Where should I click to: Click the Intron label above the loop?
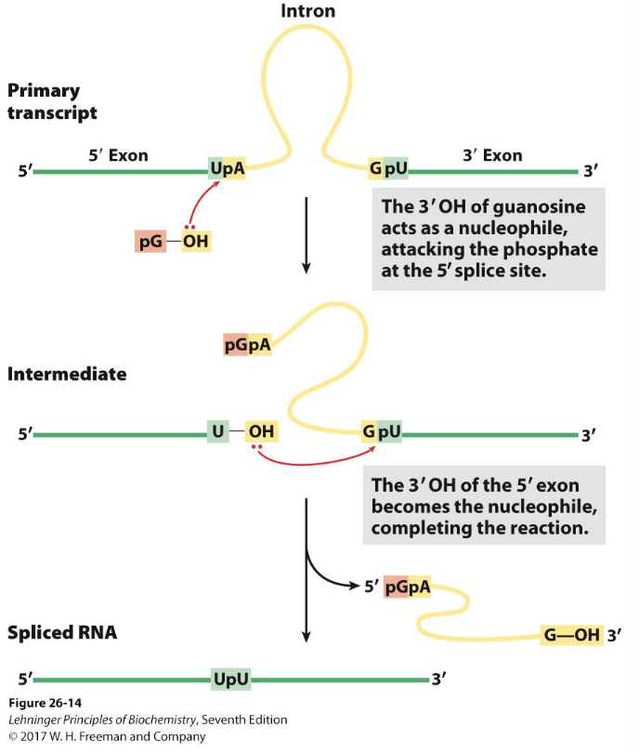tap(307, 11)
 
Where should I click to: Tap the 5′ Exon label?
tap(118, 155)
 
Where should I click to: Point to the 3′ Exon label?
tap(492, 155)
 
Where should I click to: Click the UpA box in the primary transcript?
tap(228, 169)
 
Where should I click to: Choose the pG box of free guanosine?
tap(150, 242)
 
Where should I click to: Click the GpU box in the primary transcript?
tap(388, 169)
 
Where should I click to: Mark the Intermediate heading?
tap(67, 375)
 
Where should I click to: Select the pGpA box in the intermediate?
tap(248, 346)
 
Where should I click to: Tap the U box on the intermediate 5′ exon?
tap(216, 432)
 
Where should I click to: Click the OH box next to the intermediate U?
tap(261, 432)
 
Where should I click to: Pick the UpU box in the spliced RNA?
tap(231, 680)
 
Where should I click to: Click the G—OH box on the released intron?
tap(571, 636)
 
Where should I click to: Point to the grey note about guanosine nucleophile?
tap(489, 239)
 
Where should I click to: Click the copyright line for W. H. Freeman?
tap(107, 736)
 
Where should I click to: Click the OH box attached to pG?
tap(196, 242)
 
